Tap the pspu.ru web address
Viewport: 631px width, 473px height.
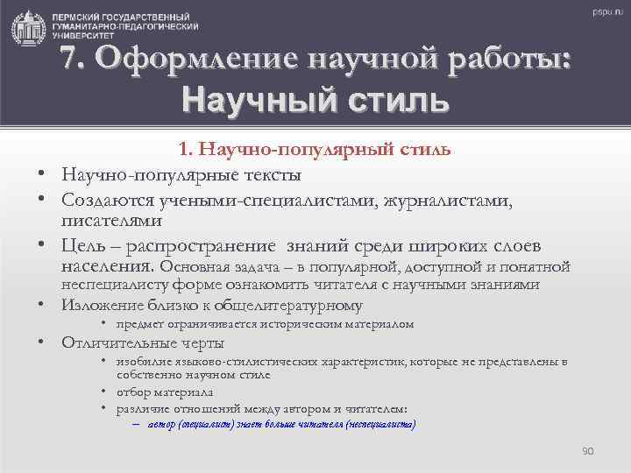[605, 13]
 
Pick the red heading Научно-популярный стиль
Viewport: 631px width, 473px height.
[315, 150]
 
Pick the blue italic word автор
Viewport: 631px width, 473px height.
[162, 424]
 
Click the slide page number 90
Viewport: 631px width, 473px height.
[587, 450]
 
